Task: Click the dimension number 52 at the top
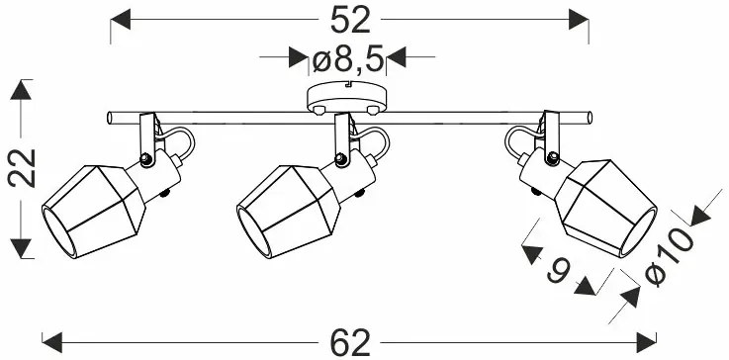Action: pos(350,21)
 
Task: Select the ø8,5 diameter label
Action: pos(348,58)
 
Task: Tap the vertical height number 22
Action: pos(22,168)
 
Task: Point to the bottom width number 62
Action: pos(350,343)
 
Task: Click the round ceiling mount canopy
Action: pos(347,98)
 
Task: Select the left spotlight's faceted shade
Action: pos(93,212)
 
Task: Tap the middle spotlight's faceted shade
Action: pos(288,212)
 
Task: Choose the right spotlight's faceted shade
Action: pos(605,208)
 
